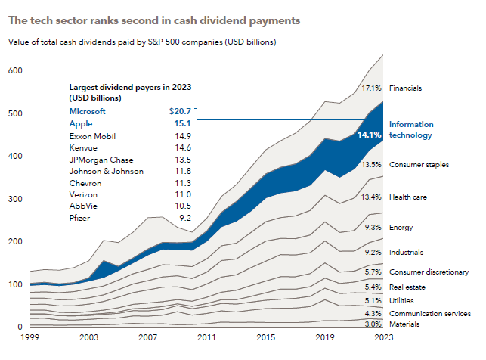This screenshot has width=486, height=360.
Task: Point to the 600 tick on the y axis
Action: (x=14, y=70)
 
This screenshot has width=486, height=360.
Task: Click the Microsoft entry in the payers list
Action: (x=88, y=111)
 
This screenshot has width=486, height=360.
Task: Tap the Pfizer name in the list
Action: (x=79, y=217)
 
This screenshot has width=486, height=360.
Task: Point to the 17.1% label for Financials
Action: (x=372, y=88)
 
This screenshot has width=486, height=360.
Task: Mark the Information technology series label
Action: (x=410, y=129)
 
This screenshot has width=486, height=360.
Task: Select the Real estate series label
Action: (x=407, y=287)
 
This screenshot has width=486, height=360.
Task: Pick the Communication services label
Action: (x=430, y=312)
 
